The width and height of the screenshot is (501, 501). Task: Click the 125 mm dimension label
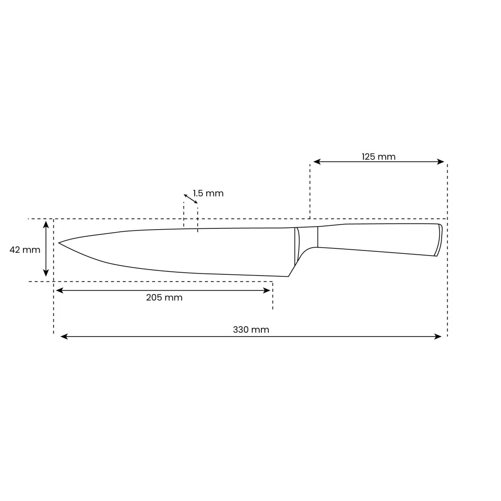(378, 157)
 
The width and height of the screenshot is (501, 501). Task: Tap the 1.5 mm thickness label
(208, 193)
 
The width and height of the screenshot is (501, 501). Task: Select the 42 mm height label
(25, 250)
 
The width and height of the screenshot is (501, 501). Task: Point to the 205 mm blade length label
(164, 298)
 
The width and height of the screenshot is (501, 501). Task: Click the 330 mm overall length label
(251, 329)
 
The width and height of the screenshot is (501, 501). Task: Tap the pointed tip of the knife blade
(59, 243)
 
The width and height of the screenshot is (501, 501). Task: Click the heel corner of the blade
(288, 276)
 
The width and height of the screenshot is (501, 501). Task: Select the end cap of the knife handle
(438, 240)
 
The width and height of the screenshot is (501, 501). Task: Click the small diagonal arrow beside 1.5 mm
(190, 198)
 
